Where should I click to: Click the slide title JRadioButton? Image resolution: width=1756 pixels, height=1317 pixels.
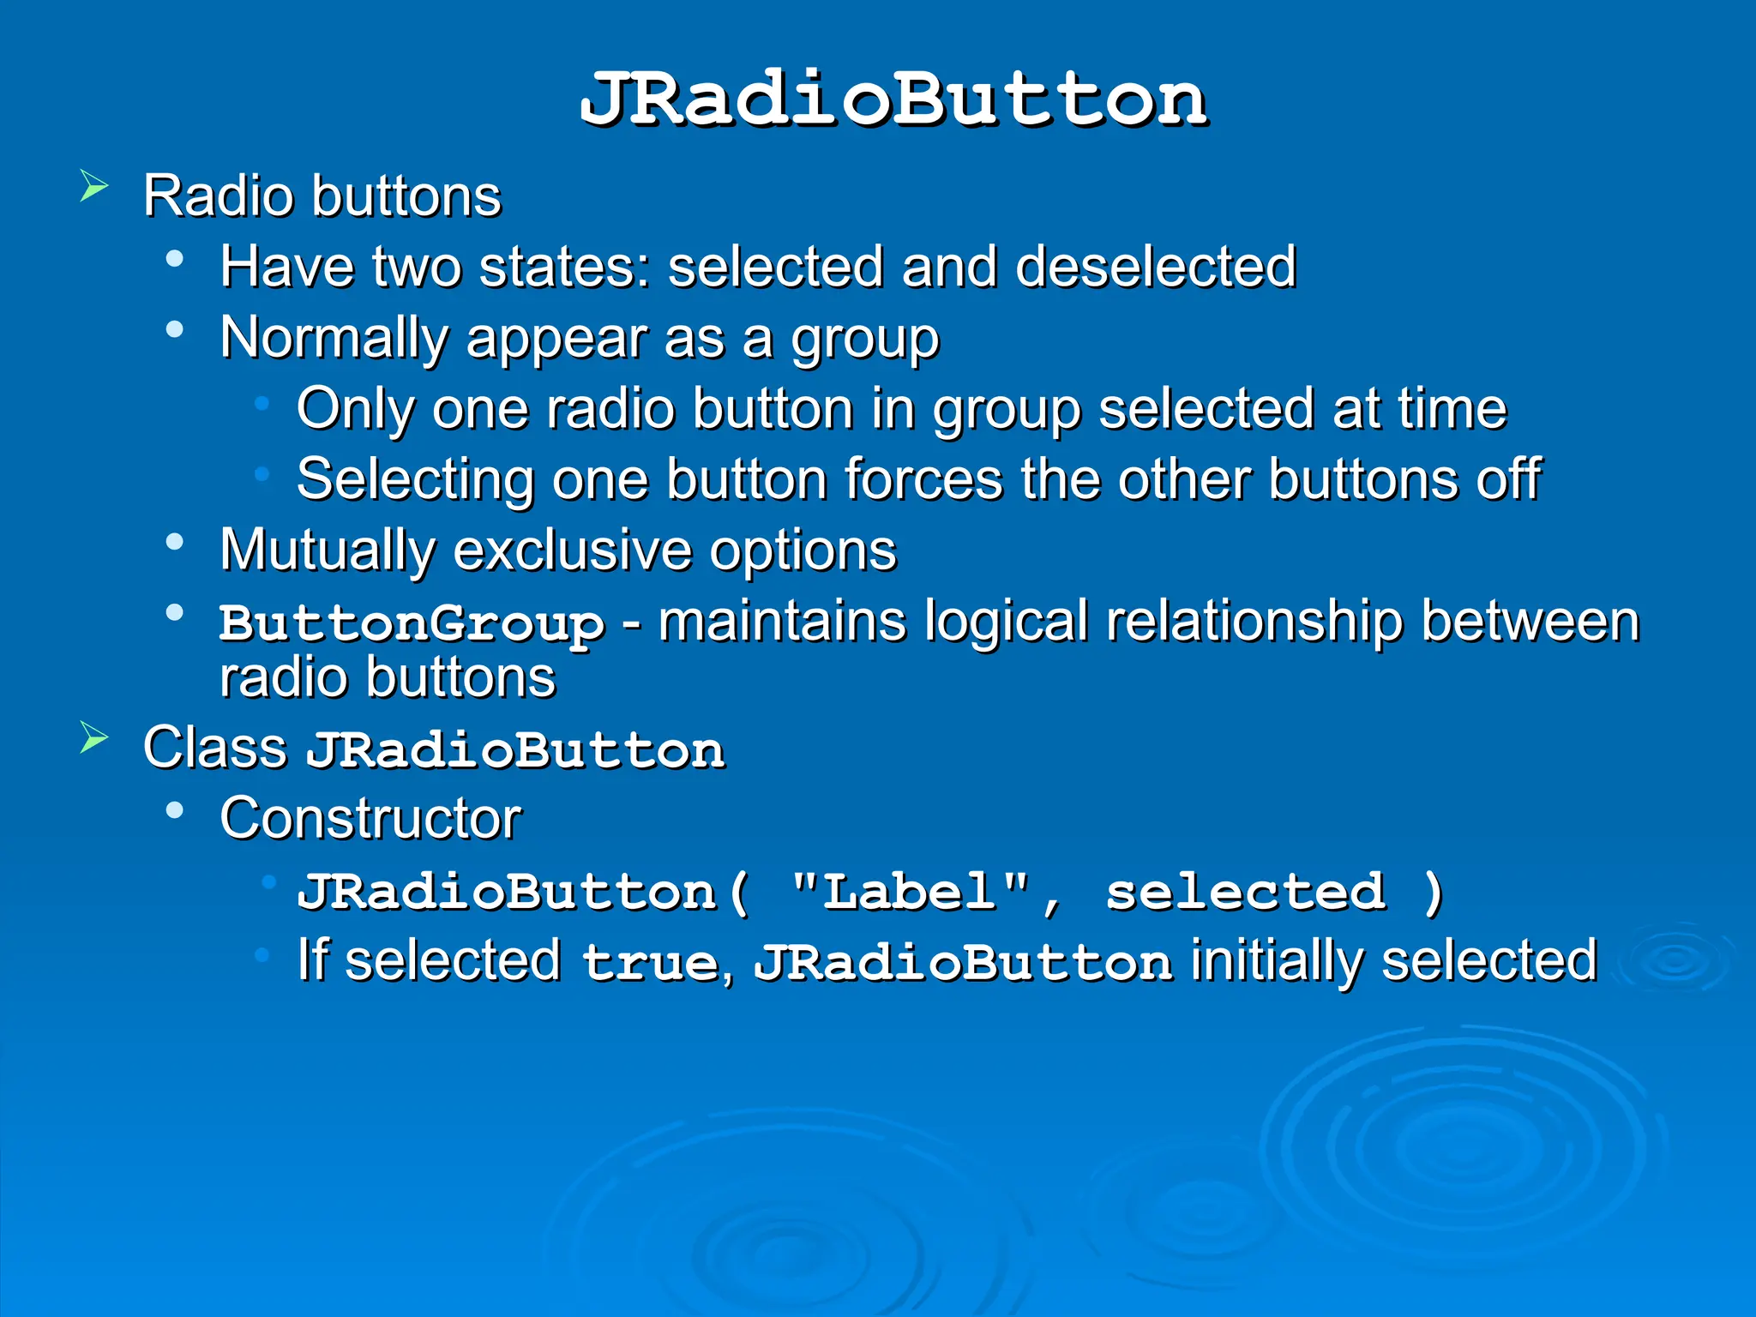(x=893, y=100)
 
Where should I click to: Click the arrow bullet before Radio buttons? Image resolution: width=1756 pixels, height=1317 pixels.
(x=94, y=186)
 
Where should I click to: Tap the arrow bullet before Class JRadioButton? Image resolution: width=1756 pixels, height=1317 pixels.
(x=94, y=737)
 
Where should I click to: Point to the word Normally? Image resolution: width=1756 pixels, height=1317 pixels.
(x=334, y=338)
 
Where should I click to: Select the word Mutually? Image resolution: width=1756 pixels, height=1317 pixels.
(x=327, y=550)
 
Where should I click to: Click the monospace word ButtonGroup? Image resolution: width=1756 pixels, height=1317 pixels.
(x=412, y=623)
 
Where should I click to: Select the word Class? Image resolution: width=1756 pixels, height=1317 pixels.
(x=214, y=748)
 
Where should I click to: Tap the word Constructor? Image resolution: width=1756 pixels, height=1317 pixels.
(x=370, y=818)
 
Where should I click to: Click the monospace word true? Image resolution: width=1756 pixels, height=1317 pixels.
(x=651, y=962)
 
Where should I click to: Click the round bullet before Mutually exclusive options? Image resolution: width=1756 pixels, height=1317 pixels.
(x=175, y=542)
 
